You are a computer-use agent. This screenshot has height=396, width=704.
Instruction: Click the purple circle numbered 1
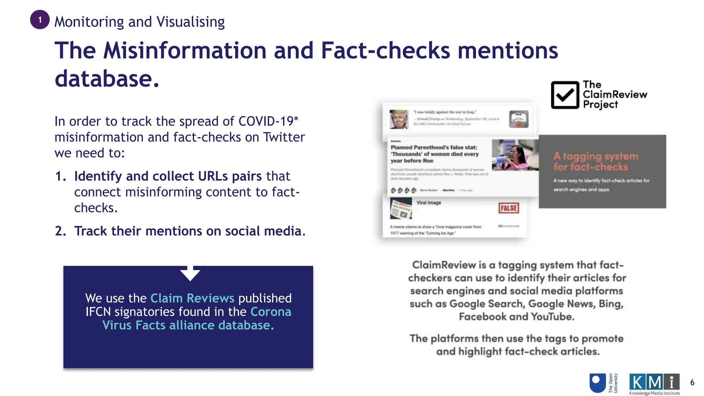coord(40,20)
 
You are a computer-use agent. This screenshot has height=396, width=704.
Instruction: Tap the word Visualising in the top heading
coord(190,22)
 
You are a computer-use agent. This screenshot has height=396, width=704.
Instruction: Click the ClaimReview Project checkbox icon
coord(565,95)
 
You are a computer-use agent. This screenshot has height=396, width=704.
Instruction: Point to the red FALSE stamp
coord(508,208)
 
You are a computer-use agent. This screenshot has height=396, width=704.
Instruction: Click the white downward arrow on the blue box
coord(190,273)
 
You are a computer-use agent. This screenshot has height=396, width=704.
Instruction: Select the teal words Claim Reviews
coord(192,298)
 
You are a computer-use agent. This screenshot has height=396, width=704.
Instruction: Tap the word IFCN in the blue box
coord(98,312)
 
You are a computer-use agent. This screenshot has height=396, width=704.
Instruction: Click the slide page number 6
coord(692,383)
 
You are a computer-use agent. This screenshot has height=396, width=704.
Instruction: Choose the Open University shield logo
coord(597,383)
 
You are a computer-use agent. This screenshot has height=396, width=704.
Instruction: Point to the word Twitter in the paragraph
coord(284,137)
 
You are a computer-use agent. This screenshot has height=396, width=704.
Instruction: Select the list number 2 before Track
coord(60,231)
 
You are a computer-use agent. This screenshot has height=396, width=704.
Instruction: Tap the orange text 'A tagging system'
coord(596,156)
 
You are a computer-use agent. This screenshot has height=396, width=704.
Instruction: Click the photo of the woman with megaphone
coord(515,155)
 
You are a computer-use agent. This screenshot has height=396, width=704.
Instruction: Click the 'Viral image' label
coord(429,203)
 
